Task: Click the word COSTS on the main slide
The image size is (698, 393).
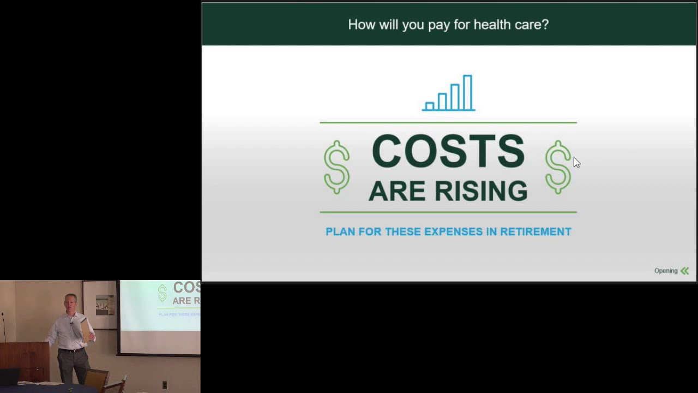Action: pos(448,152)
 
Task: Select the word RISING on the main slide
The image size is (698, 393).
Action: pos(480,192)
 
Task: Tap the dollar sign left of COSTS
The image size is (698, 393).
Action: pos(336,167)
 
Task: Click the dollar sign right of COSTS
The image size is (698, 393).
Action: pos(557,167)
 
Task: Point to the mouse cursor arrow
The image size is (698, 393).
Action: pos(576,162)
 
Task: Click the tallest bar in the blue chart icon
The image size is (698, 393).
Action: pos(467,92)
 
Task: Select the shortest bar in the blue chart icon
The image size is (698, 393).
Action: pos(430,106)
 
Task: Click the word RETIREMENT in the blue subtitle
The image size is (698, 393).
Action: pos(535,231)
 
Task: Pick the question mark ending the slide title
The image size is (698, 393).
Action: pos(545,25)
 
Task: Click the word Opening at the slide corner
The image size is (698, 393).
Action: pos(665,271)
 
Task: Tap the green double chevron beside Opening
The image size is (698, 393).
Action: pos(685,271)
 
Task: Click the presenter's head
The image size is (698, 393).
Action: pos(70,302)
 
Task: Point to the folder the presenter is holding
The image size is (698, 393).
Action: pos(86,330)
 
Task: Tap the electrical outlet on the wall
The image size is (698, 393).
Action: pos(164,385)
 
